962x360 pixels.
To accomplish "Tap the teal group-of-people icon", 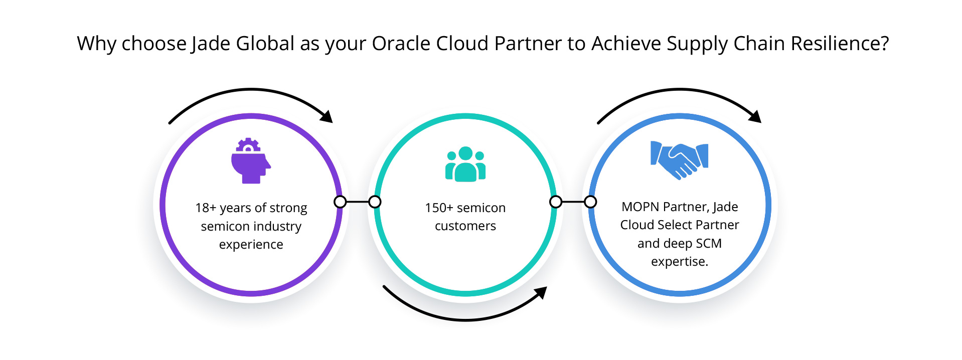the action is (x=465, y=164).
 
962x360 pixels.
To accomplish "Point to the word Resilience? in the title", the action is (x=840, y=44).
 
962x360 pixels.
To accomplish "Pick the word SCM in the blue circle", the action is (x=709, y=243).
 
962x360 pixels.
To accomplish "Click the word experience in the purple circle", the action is (x=251, y=245).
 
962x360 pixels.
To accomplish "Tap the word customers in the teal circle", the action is (x=465, y=226).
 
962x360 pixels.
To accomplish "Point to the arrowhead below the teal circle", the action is (x=541, y=292).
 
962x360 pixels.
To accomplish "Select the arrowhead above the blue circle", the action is (x=755, y=116).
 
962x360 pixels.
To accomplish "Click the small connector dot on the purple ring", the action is (x=340, y=202).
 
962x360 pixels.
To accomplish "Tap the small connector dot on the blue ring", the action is (x=591, y=202).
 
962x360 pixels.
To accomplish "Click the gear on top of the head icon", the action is (x=248, y=145).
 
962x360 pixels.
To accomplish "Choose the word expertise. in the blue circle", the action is (x=680, y=262).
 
